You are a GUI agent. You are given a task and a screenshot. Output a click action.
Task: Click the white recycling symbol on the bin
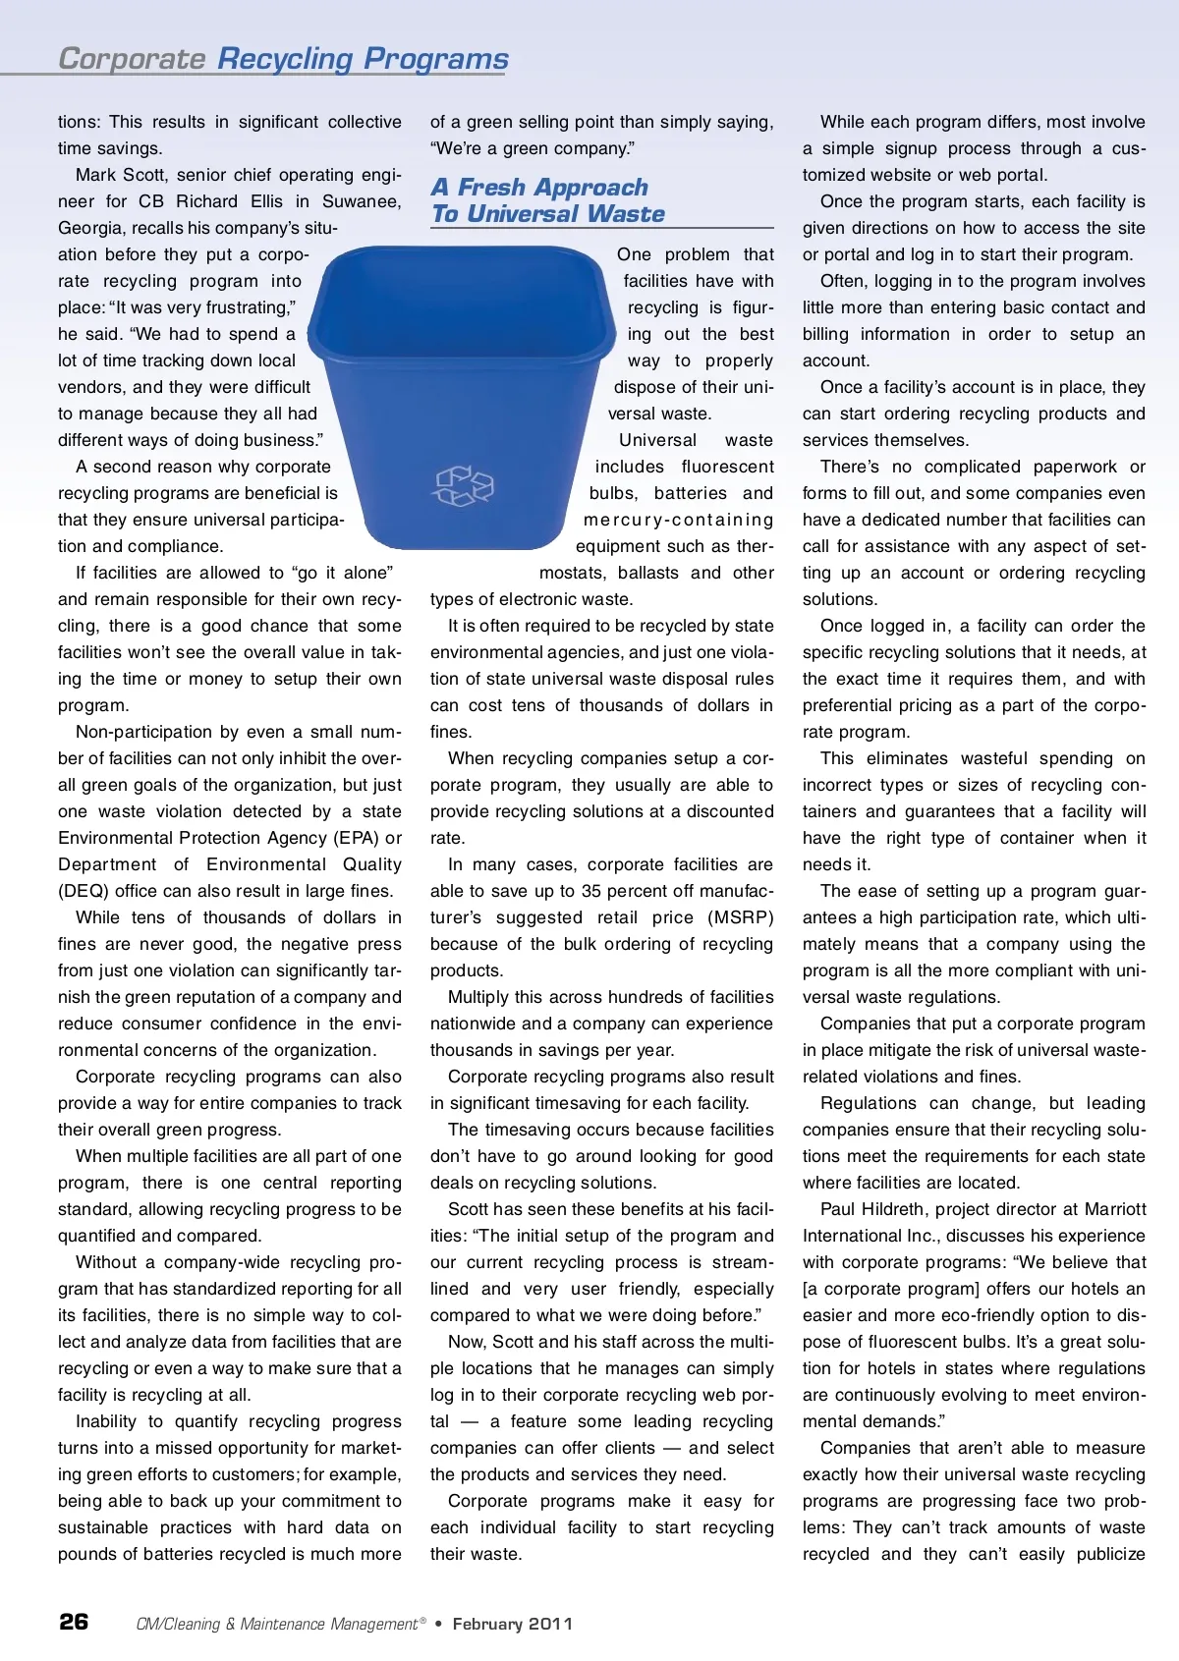(x=464, y=486)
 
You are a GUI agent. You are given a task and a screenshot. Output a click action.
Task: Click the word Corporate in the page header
(x=132, y=59)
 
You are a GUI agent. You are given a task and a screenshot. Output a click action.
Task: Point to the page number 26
(x=74, y=1621)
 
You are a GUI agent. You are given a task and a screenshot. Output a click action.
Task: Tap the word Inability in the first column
(x=106, y=1421)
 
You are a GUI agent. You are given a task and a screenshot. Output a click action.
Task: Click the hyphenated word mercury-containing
(x=678, y=520)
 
